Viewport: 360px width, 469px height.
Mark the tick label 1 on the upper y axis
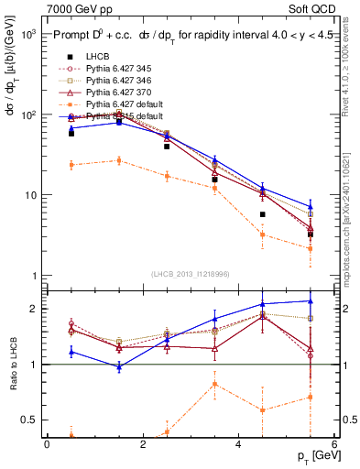35,276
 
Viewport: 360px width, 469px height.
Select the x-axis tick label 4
238,444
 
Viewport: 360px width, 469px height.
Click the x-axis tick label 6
333,444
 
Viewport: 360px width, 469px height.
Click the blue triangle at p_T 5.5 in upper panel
310,207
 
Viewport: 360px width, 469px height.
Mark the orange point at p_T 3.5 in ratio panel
214,384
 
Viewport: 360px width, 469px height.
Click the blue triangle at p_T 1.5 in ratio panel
119,366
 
